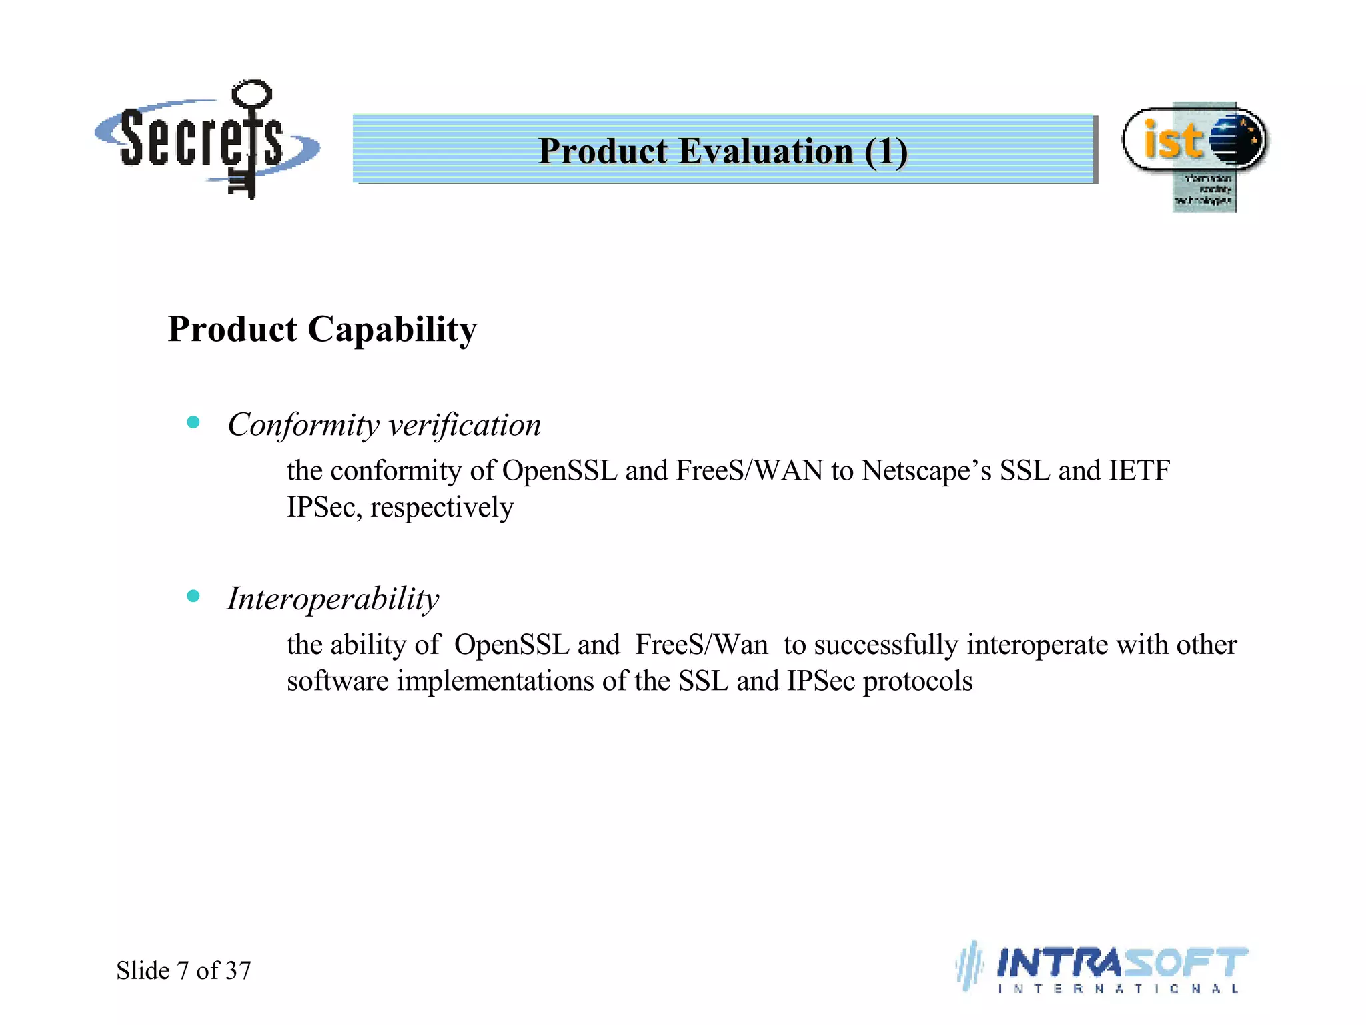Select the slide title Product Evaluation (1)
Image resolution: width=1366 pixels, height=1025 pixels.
[723, 151]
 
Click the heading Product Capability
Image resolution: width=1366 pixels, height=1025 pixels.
[322, 330]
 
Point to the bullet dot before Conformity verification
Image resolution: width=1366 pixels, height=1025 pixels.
[193, 422]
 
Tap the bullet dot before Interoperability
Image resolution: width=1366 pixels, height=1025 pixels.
[193, 596]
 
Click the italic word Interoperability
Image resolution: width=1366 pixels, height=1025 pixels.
[333, 599]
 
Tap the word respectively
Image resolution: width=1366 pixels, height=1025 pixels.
[442, 508]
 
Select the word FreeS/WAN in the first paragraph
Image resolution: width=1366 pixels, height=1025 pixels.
[749, 471]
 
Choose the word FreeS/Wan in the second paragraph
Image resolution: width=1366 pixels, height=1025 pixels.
[701, 645]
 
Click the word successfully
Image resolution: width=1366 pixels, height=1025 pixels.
[886, 645]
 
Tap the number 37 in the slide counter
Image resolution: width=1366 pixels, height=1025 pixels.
[238, 970]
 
